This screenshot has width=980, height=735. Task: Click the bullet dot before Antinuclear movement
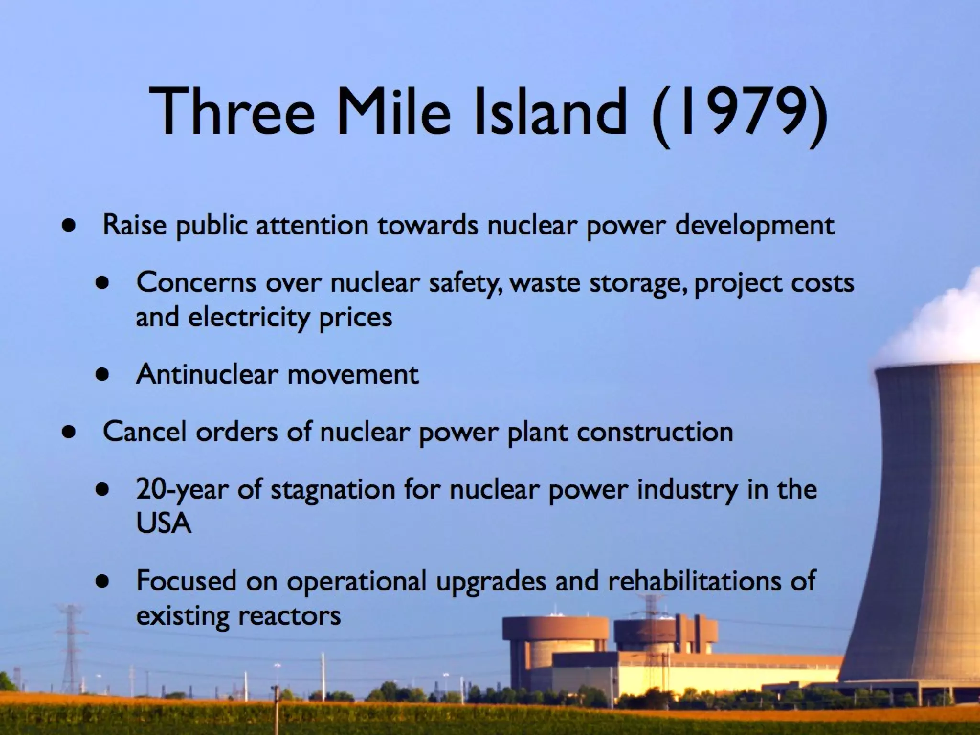tap(101, 375)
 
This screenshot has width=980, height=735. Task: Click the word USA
tap(163, 523)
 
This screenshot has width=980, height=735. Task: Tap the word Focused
tap(186, 580)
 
